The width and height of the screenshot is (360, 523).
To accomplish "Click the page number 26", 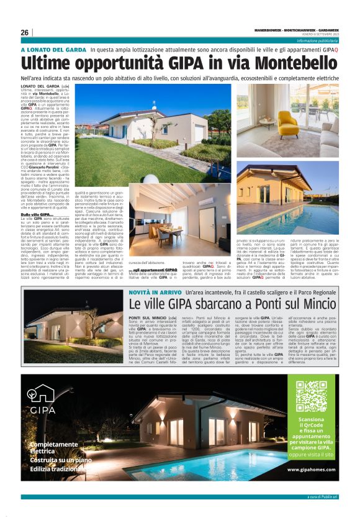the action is coord(24,32).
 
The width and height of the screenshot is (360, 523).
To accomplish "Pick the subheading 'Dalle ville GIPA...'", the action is coord(39,214).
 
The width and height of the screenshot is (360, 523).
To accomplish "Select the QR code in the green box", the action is coord(310,396).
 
